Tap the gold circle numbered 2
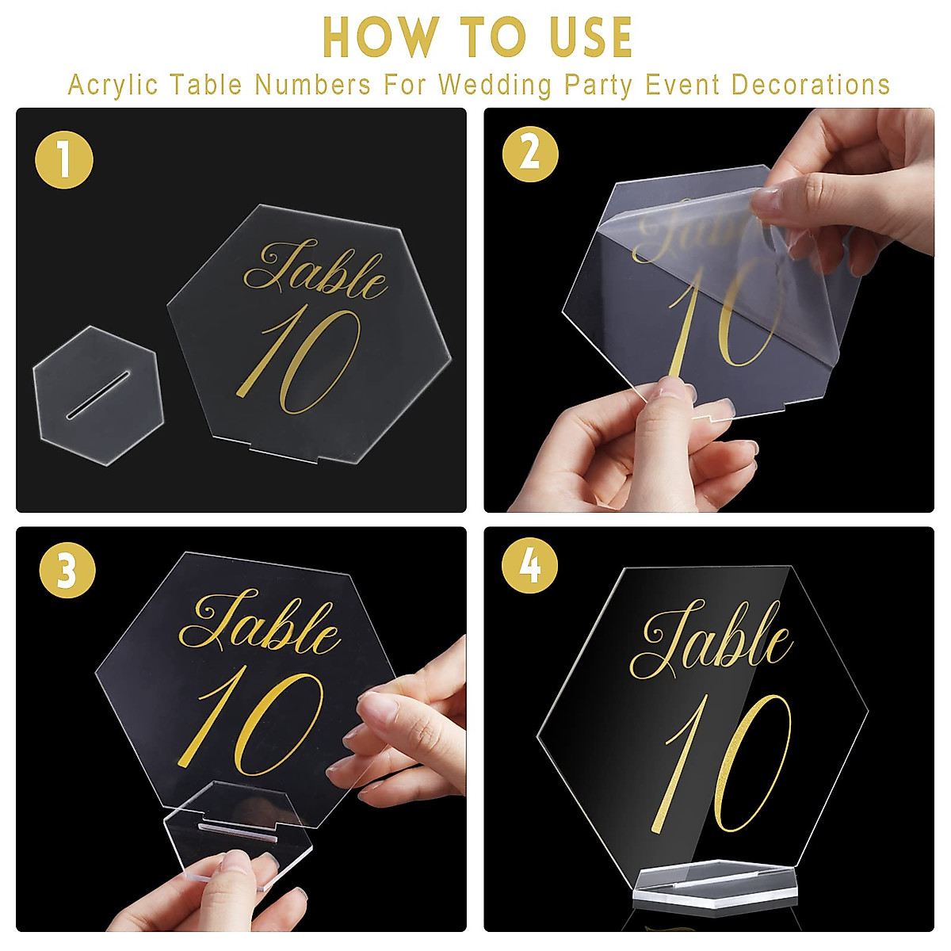click(530, 153)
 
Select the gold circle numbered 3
click(67, 569)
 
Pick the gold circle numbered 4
click(530, 566)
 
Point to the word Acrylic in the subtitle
click(113, 85)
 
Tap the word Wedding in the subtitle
click(495, 85)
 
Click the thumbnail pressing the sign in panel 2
click(674, 388)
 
